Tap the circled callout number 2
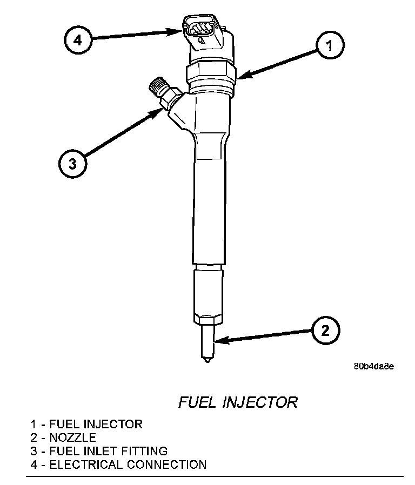click(325, 329)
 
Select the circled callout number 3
click(73, 162)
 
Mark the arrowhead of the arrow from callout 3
click(160, 110)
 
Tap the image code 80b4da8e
click(373, 366)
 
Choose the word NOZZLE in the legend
click(72, 437)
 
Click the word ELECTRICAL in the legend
click(82, 464)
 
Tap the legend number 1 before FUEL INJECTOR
click(34, 424)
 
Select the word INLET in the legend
click(106, 450)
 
